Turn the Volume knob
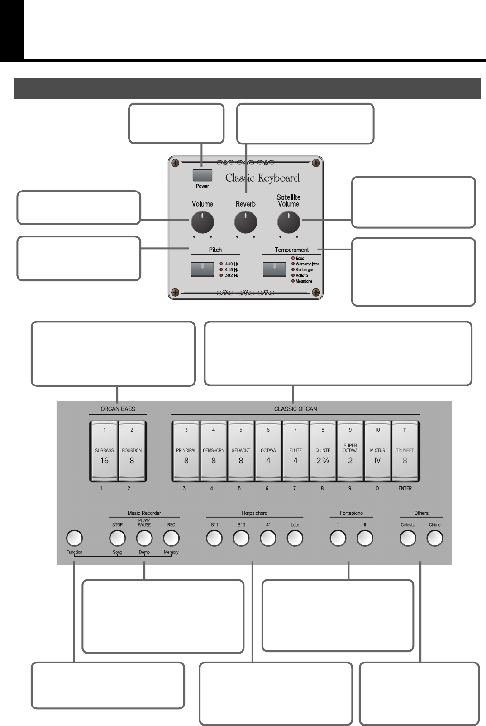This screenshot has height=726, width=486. pos(202,222)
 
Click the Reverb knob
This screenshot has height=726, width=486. pos(246,222)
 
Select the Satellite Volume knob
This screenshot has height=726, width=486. pos(289,222)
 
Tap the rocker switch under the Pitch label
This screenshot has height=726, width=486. pos(203,269)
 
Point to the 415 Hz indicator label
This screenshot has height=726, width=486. pos(231,269)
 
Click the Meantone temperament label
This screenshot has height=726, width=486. pos(304,281)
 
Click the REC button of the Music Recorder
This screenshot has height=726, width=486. pos(171,538)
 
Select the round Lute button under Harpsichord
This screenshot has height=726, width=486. pos(295,538)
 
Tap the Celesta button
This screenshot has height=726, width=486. pos(407,538)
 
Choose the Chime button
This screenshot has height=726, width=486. pos(434,538)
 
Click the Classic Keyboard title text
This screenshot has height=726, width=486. pos(262,178)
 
